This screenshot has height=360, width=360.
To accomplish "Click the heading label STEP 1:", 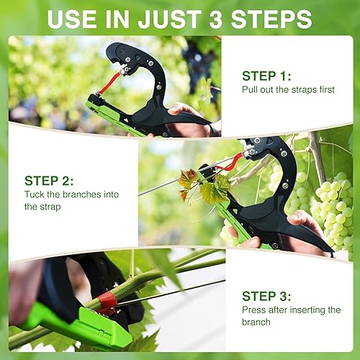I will click(266, 76).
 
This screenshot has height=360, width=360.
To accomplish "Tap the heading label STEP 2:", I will click(48, 181).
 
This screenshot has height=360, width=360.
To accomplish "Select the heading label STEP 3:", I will click(266, 296).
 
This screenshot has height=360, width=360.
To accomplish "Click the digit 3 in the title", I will click(225, 19).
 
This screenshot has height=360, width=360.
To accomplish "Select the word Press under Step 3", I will click(254, 310).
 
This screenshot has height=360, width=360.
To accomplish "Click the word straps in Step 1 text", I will click(310, 91).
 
